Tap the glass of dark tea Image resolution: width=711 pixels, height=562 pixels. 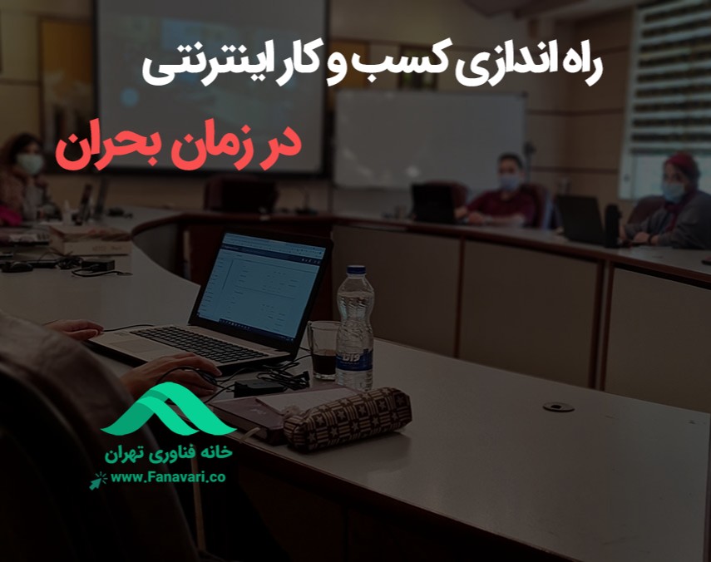coord(323,352)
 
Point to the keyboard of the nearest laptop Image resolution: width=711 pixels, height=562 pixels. coord(200,343)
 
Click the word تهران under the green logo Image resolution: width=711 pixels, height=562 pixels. coord(130,456)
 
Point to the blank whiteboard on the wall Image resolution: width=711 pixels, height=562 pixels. coord(428,137)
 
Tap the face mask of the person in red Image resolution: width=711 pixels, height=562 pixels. coord(509,181)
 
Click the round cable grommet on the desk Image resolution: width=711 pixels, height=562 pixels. coord(558,407)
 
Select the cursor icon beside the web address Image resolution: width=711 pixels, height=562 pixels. coord(101,478)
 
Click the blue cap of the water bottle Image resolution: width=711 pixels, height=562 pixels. coord(356,270)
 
